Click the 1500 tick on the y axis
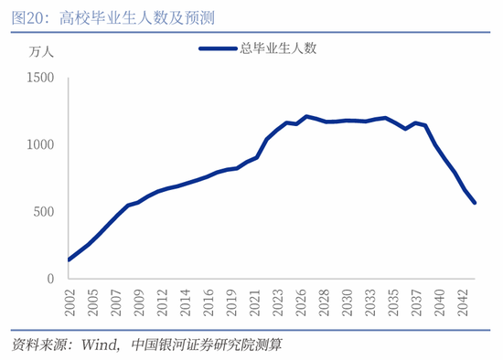[40, 79]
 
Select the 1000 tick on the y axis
[40, 145]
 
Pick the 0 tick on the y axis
[51, 278]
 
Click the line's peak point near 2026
[306, 116]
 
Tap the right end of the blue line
[475, 203]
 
